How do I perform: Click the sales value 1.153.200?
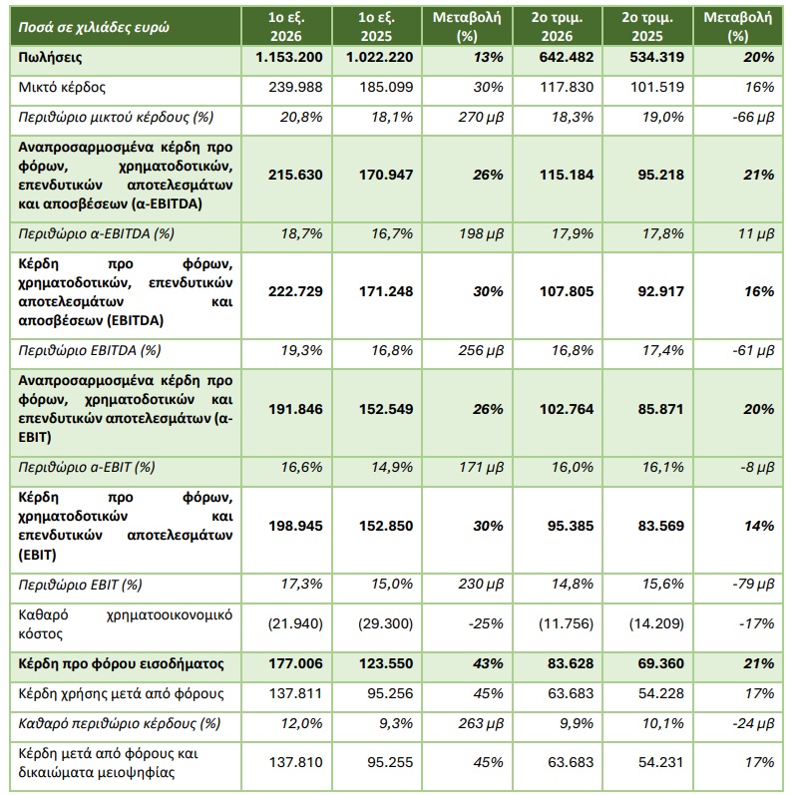[289, 57]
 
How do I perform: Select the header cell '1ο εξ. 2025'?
[376, 26]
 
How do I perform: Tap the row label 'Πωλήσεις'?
[50, 57]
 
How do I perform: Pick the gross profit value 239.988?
[295, 87]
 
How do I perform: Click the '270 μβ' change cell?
[481, 117]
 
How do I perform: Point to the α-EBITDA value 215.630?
[295, 175]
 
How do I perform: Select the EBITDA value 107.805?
[567, 291]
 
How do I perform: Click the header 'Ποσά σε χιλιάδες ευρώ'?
[94, 27]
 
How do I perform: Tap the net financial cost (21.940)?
[295, 623]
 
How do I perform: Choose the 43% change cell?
[488, 663]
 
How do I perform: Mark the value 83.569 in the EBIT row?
[660, 526]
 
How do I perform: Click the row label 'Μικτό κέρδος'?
[62, 87]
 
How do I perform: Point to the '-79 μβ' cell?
[753, 584]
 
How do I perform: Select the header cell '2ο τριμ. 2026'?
[557, 26]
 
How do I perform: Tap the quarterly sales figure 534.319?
[656, 57]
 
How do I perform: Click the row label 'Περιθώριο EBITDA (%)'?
[89, 350]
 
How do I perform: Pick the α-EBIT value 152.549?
[386, 409]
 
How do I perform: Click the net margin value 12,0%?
[301, 723]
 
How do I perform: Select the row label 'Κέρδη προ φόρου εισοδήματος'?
[121, 663]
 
